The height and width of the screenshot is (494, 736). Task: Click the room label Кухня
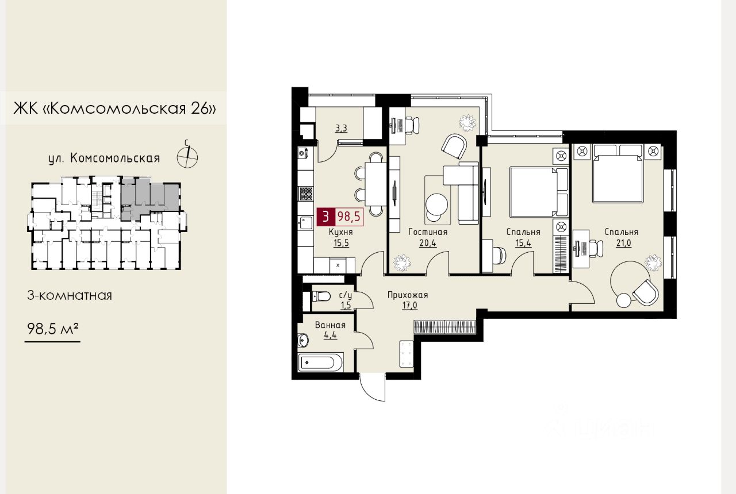point(341,232)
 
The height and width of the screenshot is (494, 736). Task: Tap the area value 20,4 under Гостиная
point(428,243)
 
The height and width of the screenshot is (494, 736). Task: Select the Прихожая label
point(408,295)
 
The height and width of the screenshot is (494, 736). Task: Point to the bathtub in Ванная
point(320,362)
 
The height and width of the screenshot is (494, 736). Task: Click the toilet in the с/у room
point(321,296)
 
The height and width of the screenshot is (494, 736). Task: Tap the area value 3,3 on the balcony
point(341,128)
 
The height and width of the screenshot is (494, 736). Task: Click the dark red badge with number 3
point(325,217)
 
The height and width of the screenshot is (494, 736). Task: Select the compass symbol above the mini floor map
point(187,157)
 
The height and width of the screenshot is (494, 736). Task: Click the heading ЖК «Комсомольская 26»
point(114,108)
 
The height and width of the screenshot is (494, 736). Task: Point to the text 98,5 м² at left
point(52,328)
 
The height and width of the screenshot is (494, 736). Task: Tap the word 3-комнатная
point(70,295)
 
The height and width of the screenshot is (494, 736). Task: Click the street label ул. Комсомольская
point(104,159)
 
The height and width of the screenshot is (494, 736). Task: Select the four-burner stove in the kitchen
point(305,194)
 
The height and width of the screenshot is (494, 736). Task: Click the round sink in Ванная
point(303,341)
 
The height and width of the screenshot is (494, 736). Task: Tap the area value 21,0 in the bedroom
point(623,243)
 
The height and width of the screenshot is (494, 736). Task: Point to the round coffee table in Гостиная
point(436,204)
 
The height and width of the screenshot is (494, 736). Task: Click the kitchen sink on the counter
point(305,222)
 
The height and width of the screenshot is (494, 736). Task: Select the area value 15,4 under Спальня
point(523,243)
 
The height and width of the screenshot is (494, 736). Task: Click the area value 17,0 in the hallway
point(409,306)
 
